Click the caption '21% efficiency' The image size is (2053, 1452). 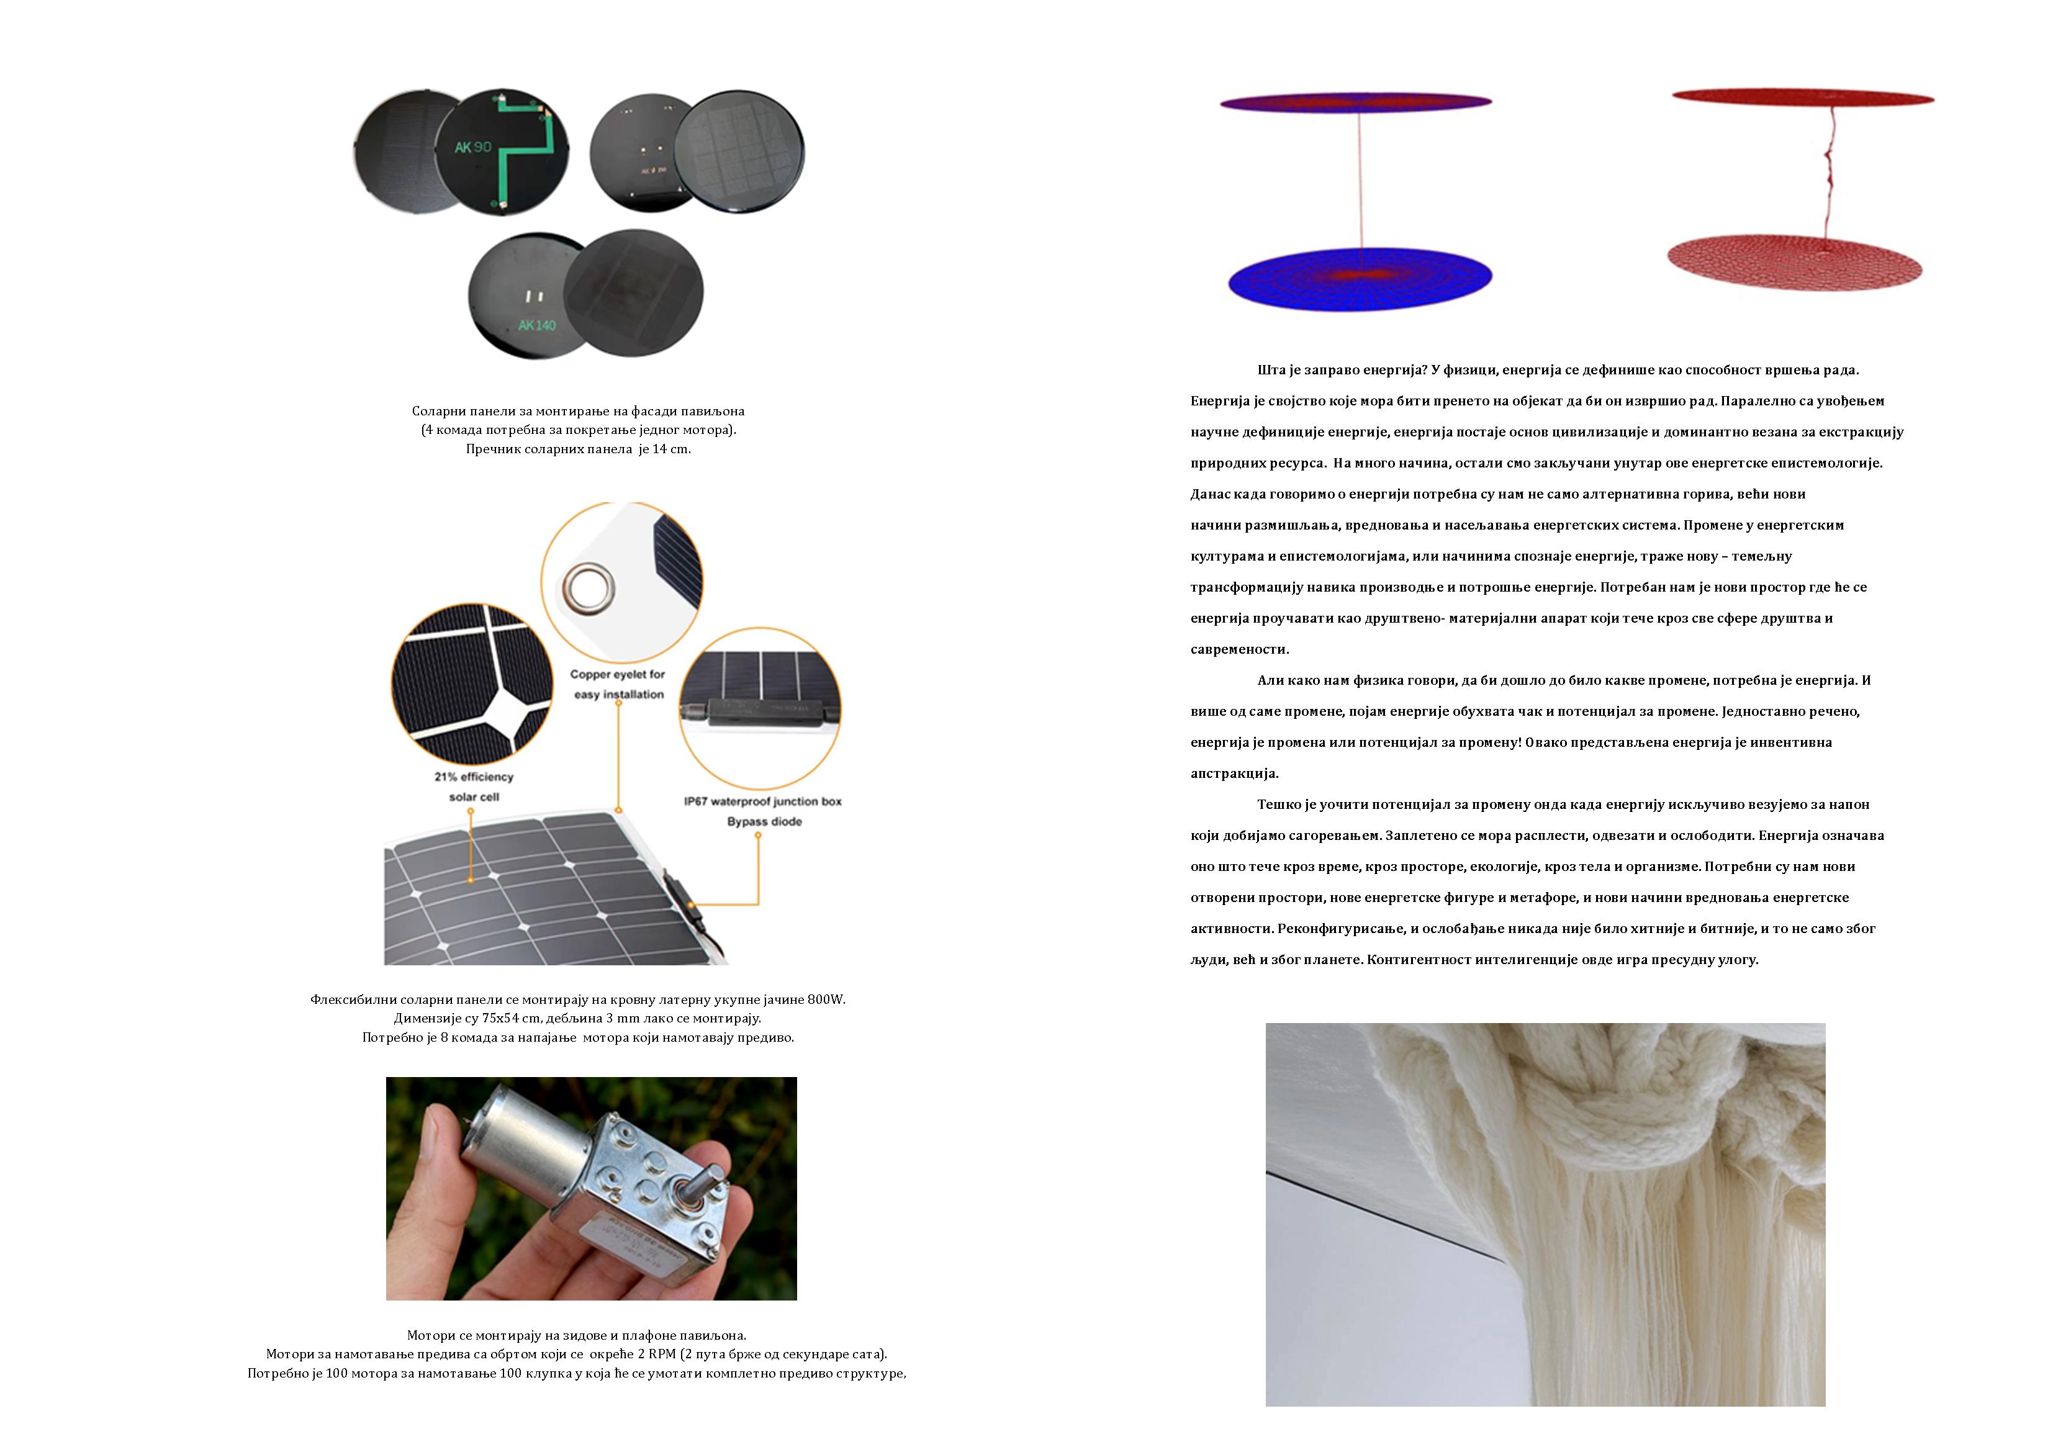coord(474,777)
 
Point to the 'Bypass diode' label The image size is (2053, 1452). coord(764,822)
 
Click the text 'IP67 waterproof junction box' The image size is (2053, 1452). coord(763,801)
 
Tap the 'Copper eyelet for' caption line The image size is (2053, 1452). coord(618,674)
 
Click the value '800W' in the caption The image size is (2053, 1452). coord(825,999)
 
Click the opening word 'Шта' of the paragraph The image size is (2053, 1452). coord(1271,370)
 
